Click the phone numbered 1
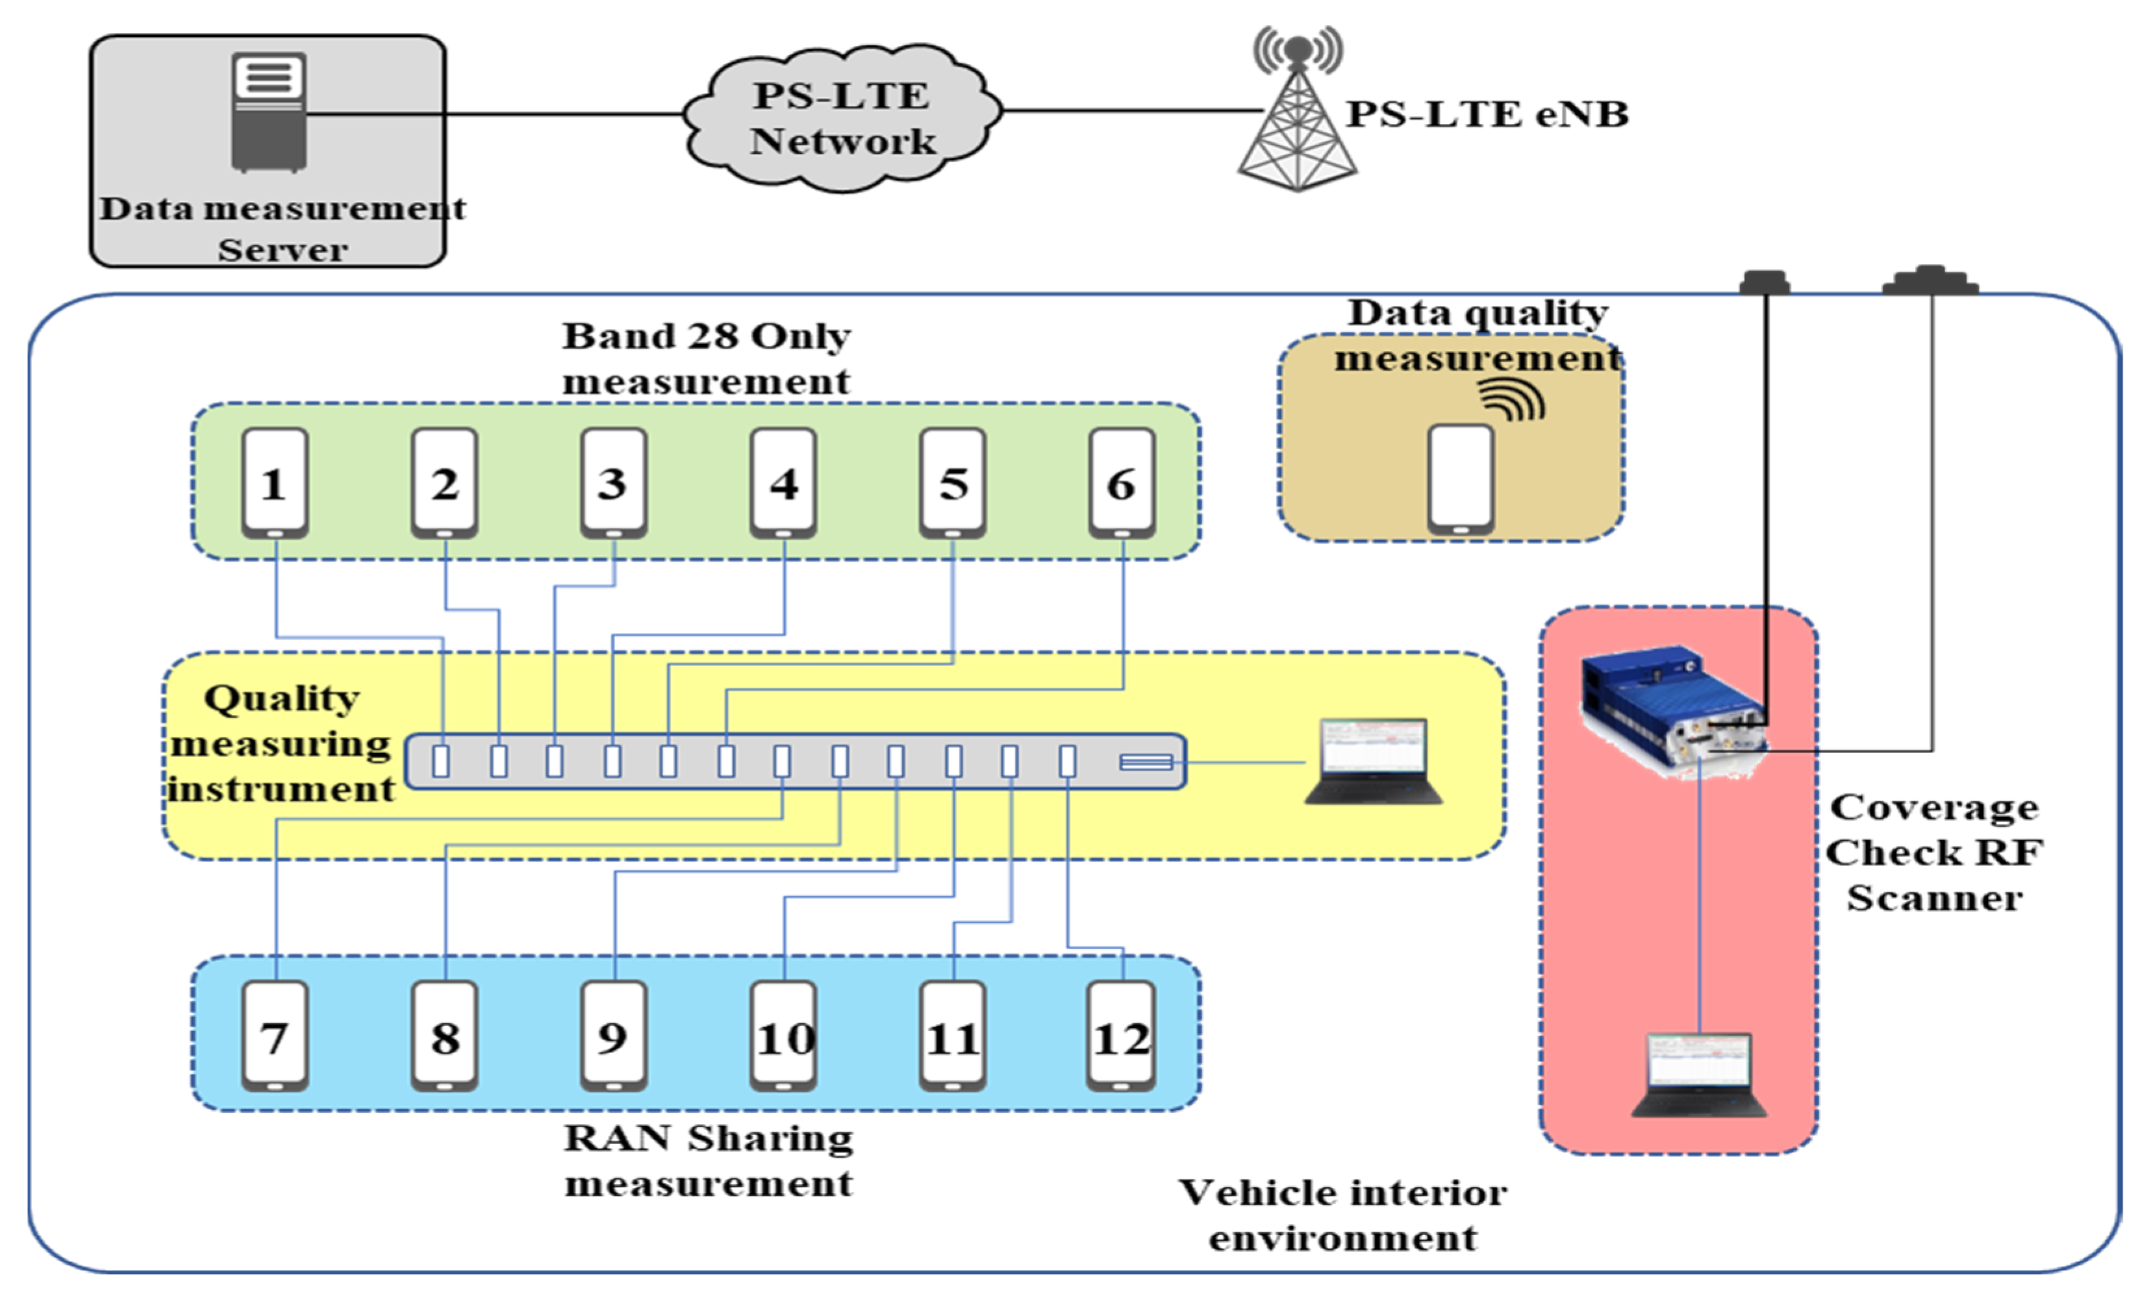click(275, 483)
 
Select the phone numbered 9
click(613, 1036)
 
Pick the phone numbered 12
click(1121, 1036)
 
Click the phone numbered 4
click(783, 483)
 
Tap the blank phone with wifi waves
click(1461, 478)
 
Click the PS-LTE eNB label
click(1486, 114)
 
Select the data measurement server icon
click(268, 111)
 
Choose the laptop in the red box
click(1699, 1074)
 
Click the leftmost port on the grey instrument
click(441, 761)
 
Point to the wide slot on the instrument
click(1146, 762)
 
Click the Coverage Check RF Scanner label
click(1933, 852)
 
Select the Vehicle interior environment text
click(1342, 1215)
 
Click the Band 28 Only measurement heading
click(705, 358)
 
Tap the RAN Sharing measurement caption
click(708, 1160)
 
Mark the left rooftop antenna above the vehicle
click(1764, 282)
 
